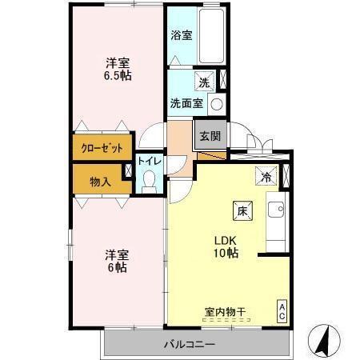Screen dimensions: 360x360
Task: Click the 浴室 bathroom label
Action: click(x=182, y=35)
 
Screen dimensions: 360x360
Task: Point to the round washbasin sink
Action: click(x=217, y=104)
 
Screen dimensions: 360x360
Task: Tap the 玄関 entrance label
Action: click(x=210, y=134)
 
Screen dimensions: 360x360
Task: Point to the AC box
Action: click(x=282, y=310)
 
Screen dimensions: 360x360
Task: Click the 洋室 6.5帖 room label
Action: click(x=118, y=69)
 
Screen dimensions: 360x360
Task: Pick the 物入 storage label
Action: click(x=100, y=182)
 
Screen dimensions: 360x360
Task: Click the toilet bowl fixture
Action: click(x=149, y=182)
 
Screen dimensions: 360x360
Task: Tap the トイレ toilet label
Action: click(x=150, y=162)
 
